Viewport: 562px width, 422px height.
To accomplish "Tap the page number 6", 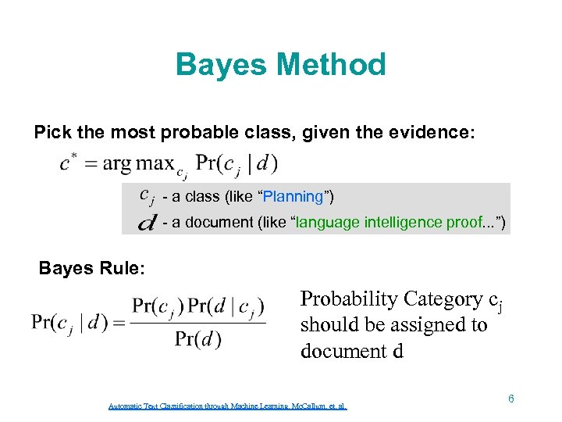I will (510, 399).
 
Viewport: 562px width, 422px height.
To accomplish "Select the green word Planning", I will (294, 196).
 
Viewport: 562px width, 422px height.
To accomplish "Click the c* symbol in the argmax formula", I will (68, 163).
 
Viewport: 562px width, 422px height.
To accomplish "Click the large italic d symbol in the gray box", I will (145, 224).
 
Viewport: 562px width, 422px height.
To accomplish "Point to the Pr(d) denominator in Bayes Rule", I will (197, 339).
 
